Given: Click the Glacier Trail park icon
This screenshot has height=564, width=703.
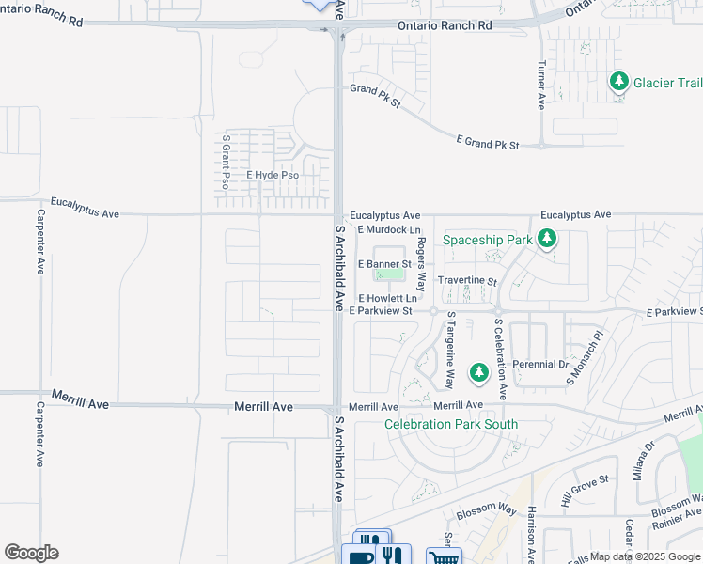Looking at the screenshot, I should pyautogui.click(x=618, y=83).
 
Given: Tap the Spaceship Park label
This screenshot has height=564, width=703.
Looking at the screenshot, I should pyautogui.click(x=488, y=240).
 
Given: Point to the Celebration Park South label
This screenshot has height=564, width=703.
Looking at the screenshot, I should pyautogui.click(x=451, y=424).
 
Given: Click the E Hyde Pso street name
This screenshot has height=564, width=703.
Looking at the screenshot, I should pyautogui.click(x=272, y=176).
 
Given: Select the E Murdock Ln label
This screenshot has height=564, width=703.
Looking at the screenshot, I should pyautogui.click(x=388, y=229).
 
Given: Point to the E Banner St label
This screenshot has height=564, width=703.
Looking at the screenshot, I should pyautogui.click(x=385, y=265).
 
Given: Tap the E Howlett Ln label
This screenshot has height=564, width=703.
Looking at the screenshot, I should pyautogui.click(x=387, y=298).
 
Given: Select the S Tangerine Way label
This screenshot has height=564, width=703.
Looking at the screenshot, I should pyautogui.click(x=450, y=351).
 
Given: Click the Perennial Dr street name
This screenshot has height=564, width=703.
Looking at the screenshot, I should pyautogui.click(x=540, y=364).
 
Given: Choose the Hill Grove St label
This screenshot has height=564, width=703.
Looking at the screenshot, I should pyautogui.click(x=585, y=491).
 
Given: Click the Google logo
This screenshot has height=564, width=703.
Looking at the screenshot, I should pyautogui.click(x=31, y=553).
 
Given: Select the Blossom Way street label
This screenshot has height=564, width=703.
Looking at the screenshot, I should pyautogui.click(x=487, y=511).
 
